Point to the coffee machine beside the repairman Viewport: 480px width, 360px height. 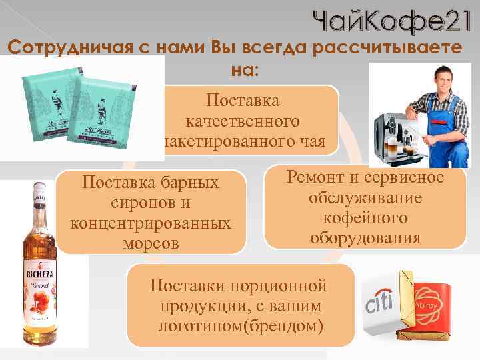click(x=397, y=137)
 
